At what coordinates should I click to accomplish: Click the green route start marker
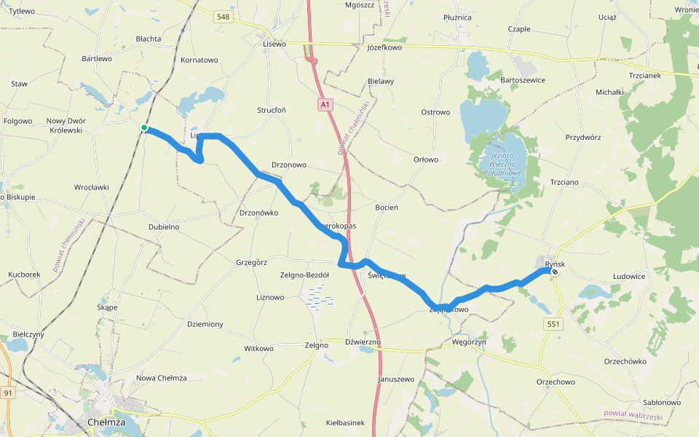pos(144,128)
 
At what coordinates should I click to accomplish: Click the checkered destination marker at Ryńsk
pos(555,272)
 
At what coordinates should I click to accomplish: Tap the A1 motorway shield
pos(325,106)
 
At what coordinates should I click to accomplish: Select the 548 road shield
pos(224,17)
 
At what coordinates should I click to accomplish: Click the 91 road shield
pos(8,393)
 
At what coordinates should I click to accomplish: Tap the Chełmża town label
pos(106,422)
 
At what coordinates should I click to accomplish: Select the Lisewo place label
pos(274,44)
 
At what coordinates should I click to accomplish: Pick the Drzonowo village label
pos(289,165)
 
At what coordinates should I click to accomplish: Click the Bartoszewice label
pos(524,79)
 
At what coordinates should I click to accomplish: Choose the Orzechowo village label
pos(556,382)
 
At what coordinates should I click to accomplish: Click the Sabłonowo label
pos(662,402)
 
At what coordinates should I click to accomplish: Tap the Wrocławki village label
pos(92,187)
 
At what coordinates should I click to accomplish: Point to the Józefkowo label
pos(385,47)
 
